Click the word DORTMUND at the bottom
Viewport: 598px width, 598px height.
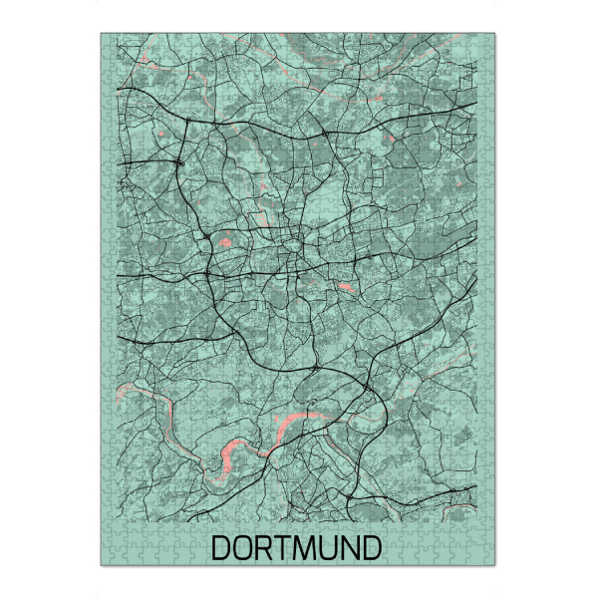click(x=297, y=547)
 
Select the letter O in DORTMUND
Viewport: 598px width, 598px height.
click(x=244, y=547)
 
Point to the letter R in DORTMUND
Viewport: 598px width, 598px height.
click(x=264, y=547)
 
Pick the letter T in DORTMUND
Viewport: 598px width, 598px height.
click(x=283, y=547)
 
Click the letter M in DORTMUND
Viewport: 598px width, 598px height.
click(x=305, y=547)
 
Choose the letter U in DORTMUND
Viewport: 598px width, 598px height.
click(x=328, y=547)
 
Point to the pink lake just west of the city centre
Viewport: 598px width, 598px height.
click(x=225, y=242)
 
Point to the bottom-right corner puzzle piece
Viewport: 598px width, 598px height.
click(x=491, y=559)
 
